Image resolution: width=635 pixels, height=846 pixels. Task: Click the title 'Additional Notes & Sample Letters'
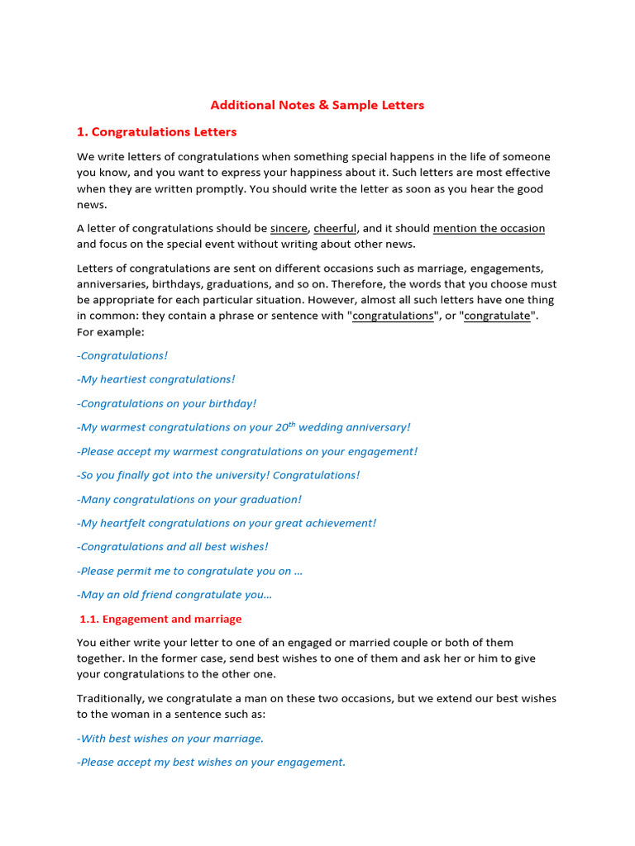(317, 105)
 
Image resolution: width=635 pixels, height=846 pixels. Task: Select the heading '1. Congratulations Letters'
(156, 131)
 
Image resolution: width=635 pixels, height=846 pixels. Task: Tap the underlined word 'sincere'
(289, 228)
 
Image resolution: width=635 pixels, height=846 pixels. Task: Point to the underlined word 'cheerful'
(335, 228)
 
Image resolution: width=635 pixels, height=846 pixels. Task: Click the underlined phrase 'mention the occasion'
(489, 228)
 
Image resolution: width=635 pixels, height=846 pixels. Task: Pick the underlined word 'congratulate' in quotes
(497, 316)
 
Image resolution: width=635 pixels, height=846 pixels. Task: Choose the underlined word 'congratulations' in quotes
(393, 316)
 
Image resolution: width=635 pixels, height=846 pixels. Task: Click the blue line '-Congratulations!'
(122, 355)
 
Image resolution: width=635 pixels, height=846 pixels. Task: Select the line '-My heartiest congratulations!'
(156, 379)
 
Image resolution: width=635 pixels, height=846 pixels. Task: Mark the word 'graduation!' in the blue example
(270, 499)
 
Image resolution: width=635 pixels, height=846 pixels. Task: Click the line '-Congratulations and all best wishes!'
(173, 547)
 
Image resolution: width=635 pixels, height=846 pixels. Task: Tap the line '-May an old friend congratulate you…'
(174, 595)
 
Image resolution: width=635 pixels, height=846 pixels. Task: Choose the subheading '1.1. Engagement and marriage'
(160, 619)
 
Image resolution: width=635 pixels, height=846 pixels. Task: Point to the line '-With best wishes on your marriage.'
(170, 739)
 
